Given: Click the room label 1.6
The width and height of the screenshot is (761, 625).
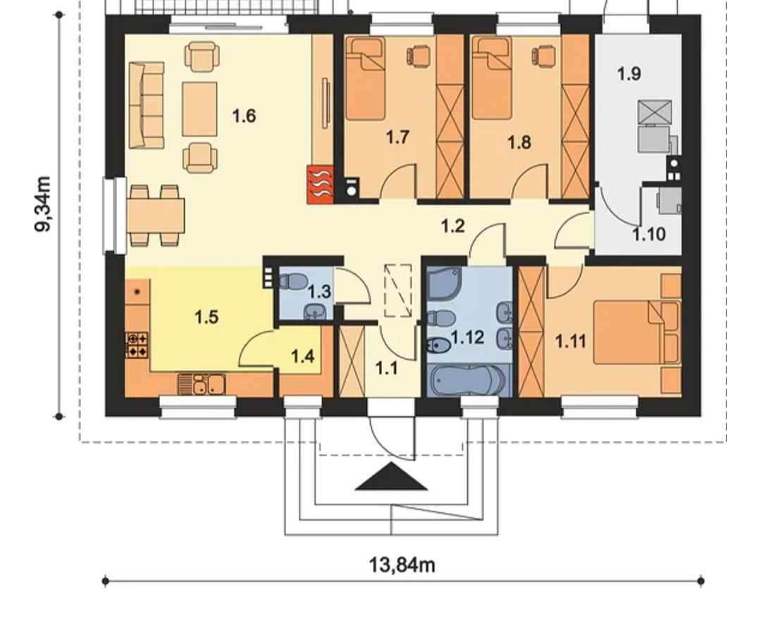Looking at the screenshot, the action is click(244, 116).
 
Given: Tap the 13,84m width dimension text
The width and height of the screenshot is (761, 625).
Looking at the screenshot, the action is click(402, 565).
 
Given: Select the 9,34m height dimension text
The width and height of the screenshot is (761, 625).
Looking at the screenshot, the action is click(43, 204).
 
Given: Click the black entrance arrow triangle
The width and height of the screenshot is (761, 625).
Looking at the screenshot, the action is click(391, 476).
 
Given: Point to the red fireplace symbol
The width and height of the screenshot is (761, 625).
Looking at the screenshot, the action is click(320, 184).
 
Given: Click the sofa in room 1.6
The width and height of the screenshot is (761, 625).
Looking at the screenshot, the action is click(146, 105).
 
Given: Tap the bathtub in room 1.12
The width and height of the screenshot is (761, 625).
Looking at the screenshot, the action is click(467, 380).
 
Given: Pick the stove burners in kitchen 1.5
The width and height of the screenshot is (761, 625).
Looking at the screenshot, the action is click(137, 345).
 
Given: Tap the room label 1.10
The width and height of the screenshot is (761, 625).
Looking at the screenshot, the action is click(648, 235).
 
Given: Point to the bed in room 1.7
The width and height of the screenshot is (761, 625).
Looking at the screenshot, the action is click(366, 79).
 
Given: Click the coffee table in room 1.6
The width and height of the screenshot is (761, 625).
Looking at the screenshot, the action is click(199, 109).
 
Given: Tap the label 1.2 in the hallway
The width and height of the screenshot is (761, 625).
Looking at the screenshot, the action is click(453, 226).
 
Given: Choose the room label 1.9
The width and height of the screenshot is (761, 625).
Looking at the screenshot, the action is click(629, 74).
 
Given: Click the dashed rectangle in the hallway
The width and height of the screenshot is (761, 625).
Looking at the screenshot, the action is click(398, 290).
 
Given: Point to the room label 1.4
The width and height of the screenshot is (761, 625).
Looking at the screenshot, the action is click(302, 357).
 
